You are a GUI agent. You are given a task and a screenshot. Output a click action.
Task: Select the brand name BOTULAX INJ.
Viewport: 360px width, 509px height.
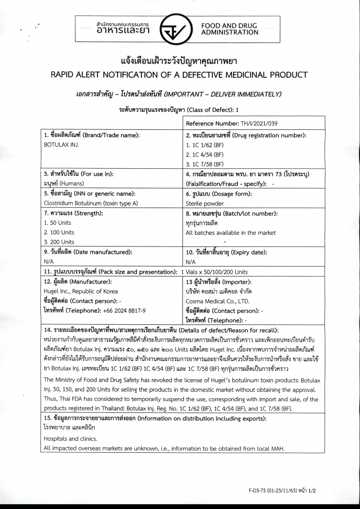point(61,144)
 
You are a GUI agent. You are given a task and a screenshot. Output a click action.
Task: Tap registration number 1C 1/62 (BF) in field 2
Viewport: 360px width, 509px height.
point(205,145)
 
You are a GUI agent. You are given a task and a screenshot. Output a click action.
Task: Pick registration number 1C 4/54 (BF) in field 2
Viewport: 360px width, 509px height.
point(205,154)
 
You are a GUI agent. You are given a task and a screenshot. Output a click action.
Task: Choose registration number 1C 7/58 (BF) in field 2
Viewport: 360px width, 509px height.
point(205,164)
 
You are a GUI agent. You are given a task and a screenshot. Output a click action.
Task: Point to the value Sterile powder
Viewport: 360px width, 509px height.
point(205,203)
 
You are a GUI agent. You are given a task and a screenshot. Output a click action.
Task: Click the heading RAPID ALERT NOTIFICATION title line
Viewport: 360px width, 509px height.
point(180,75)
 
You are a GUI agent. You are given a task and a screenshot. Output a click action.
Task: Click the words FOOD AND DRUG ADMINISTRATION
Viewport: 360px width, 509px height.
point(230,29)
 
